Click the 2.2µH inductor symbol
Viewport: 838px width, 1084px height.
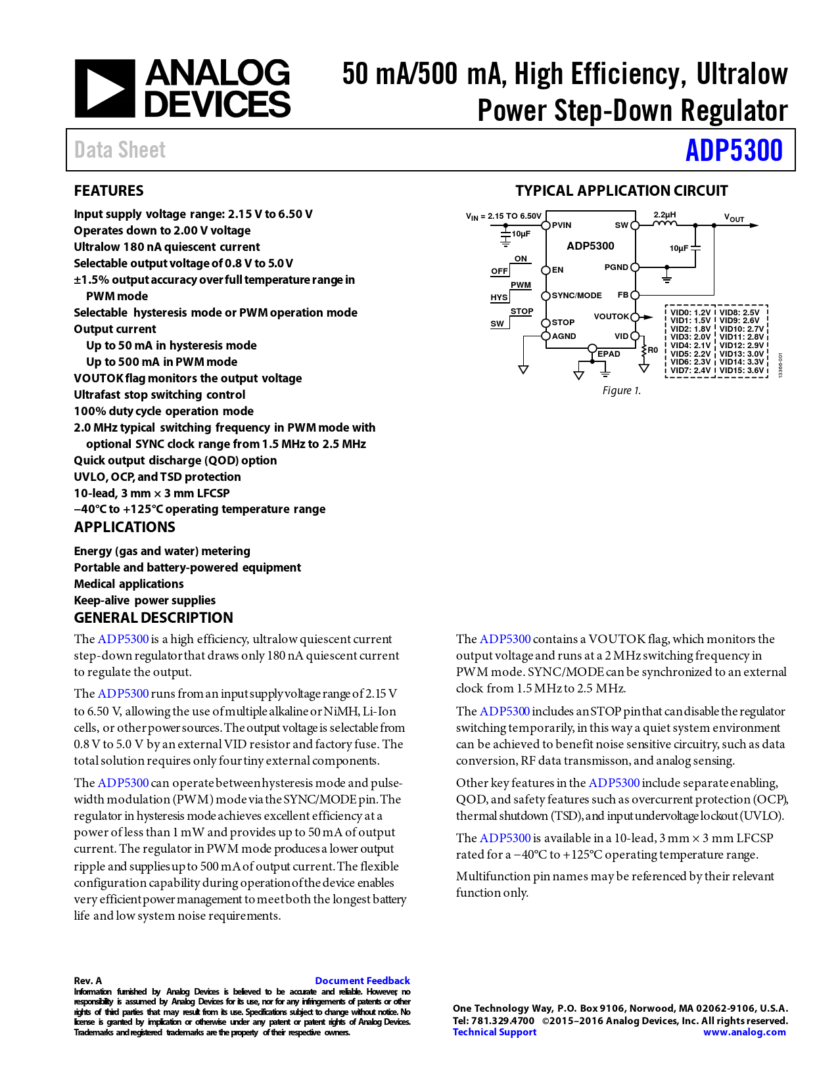point(664,224)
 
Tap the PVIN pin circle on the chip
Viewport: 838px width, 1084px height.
point(546,225)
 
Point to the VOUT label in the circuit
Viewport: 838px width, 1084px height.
point(733,218)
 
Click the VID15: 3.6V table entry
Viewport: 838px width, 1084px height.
point(741,371)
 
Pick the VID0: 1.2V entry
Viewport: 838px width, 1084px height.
point(690,313)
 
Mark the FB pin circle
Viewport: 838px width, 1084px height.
point(635,296)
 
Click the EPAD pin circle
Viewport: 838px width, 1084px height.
point(592,348)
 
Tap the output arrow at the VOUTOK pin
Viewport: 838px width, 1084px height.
point(647,317)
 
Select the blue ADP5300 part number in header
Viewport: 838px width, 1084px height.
point(733,150)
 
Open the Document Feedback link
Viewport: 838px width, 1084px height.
point(362,981)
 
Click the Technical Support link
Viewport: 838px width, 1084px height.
point(494,1032)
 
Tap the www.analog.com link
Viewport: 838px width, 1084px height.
point(744,1032)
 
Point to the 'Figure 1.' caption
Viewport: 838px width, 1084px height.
point(621,391)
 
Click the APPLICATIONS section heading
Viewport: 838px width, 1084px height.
point(124,528)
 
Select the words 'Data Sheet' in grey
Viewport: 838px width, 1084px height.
point(120,150)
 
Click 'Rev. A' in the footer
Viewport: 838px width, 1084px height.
point(87,981)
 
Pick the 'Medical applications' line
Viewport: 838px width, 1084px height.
point(129,584)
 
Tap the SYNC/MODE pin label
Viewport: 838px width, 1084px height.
point(576,296)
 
